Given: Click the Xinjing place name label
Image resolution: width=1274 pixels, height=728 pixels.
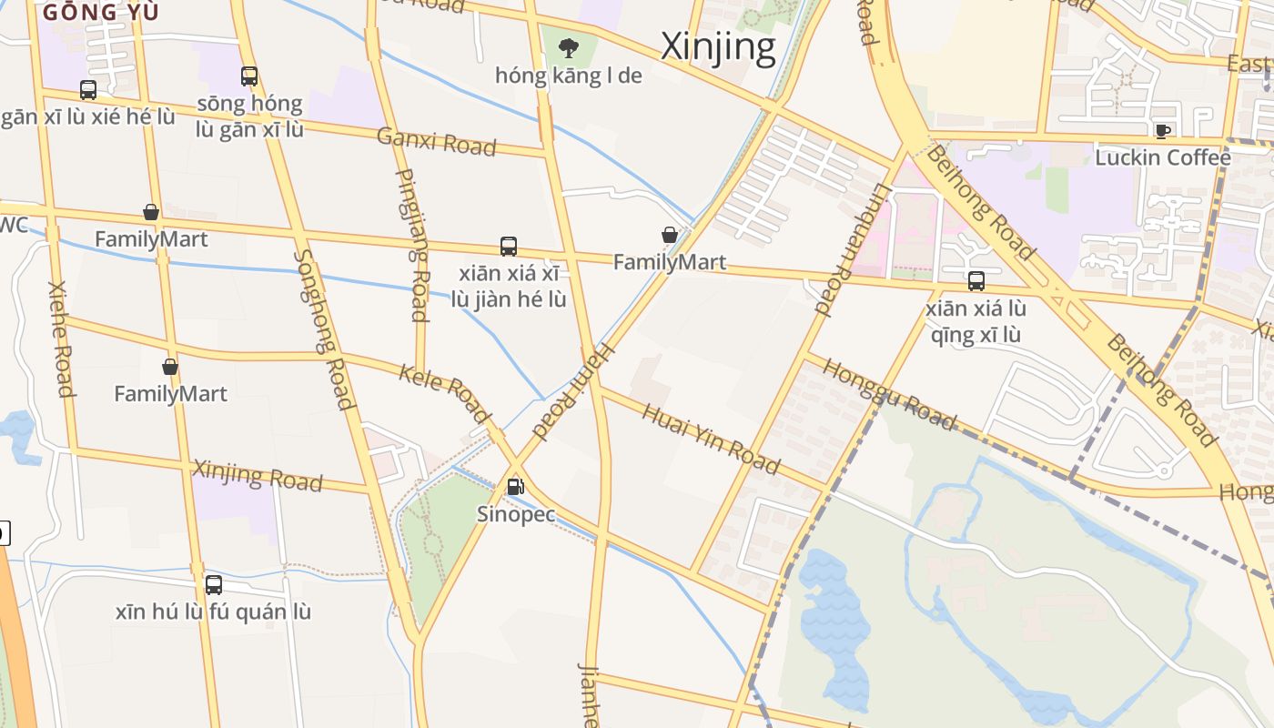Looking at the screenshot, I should pos(718,47).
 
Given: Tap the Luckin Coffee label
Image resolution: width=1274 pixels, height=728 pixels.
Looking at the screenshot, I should pos(1162,157).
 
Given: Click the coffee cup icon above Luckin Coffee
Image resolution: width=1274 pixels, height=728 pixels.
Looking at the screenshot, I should pos(1162,131).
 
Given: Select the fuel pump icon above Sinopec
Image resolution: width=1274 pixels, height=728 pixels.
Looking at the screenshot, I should pos(516,487).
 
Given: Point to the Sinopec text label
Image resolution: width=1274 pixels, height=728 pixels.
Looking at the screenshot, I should pos(516,514).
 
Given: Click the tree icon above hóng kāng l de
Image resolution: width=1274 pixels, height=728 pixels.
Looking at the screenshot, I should pos(569,47).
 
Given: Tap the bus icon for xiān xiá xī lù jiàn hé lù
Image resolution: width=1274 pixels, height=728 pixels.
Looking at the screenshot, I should pos(509,247).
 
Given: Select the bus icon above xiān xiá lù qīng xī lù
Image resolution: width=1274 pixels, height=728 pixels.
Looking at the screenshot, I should pos(976,281).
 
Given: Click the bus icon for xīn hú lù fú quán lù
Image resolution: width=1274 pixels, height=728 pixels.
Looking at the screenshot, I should pos(214,585).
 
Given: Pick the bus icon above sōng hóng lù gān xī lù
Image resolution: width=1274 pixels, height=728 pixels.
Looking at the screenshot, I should pos(249,76).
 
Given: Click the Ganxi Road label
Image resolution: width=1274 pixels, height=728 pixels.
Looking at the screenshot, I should pos(437,142).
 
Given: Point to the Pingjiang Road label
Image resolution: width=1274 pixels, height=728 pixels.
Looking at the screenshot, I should pos(413,246).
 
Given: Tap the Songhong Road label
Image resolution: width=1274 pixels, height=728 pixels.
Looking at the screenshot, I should pos(323,329).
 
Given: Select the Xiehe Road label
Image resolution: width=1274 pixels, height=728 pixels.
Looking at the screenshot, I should pos(60,339).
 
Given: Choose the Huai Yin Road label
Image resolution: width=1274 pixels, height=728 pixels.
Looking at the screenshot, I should pos(711,440).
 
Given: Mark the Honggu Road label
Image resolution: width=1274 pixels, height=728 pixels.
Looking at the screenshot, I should pos(889,394).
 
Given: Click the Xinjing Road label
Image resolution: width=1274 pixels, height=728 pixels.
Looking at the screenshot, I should pos(258,475).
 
